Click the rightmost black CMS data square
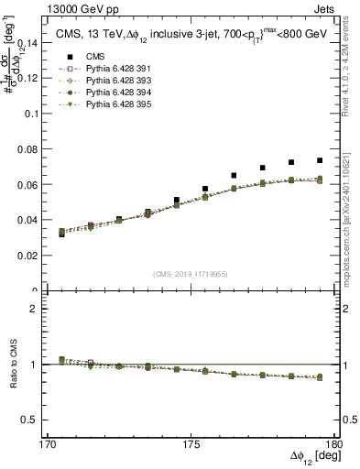click(320, 160)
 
